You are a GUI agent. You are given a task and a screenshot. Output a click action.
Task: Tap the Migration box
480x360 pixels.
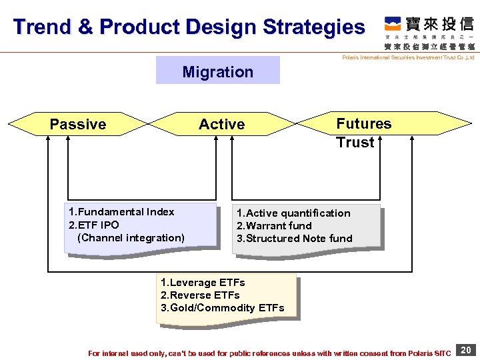pyautogui.click(x=218, y=71)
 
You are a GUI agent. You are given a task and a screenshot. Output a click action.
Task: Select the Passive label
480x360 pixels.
pyautogui.click(x=78, y=125)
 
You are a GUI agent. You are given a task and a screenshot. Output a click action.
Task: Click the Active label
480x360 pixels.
pyautogui.click(x=222, y=125)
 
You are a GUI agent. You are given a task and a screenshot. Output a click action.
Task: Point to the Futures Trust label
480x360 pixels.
pyautogui.click(x=363, y=133)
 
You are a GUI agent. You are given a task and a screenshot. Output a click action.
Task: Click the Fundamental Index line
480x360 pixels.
pyautogui.click(x=121, y=212)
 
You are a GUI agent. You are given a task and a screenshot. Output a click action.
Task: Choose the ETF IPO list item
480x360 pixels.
pyautogui.click(x=94, y=225)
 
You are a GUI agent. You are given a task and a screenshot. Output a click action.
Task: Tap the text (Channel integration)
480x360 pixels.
pyautogui.click(x=131, y=238)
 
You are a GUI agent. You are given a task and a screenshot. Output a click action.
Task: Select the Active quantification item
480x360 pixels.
pyautogui.click(x=293, y=213)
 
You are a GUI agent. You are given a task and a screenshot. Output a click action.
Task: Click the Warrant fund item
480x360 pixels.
pyautogui.click(x=274, y=226)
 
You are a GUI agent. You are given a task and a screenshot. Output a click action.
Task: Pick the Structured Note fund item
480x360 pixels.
pyautogui.click(x=294, y=239)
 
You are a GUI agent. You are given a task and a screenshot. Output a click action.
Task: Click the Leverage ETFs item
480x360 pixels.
pyautogui.click(x=203, y=283)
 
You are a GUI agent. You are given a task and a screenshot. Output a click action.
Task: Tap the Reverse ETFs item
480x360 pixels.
pyautogui.click(x=200, y=295)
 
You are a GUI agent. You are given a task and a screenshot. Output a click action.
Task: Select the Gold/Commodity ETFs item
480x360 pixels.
pyautogui.click(x=222, y=308)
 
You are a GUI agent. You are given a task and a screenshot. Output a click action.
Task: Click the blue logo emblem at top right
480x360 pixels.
pyautogui.click(x=393, y=25)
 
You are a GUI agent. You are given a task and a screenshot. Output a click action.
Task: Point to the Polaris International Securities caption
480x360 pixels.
pyautogui.click(x=407, y=58)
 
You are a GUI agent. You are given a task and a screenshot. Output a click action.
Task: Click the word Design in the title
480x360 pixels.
pyautogui.click(x=222, y=27)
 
